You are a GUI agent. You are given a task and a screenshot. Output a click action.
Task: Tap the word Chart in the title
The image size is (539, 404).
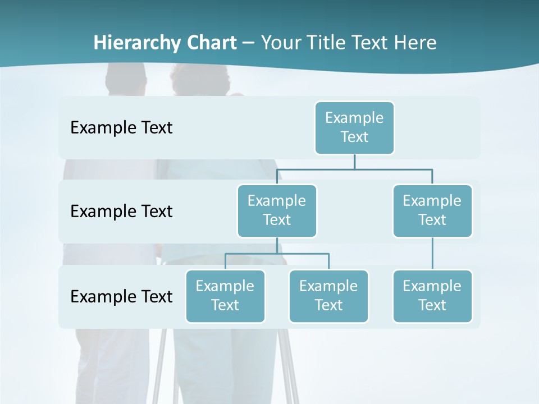point(209,43)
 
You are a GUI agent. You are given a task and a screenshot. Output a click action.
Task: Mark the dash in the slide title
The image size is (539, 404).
point(249,43)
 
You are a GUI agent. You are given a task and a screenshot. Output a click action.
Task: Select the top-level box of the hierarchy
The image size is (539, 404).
point(354,127)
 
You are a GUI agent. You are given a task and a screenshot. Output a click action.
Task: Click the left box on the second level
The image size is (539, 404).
point(277,210)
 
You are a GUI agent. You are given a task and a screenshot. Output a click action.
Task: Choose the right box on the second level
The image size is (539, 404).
point(432,210)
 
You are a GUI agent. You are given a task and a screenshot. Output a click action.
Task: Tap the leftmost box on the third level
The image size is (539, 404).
point(225,296)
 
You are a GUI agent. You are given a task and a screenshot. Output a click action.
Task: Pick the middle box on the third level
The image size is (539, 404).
point(328,296)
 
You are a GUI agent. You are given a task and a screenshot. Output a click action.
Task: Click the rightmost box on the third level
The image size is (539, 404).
point(432,296)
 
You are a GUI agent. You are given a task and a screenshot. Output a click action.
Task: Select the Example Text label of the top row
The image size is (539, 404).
point(121,127)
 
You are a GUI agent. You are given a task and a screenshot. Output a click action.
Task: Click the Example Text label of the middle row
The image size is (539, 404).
point(121,211)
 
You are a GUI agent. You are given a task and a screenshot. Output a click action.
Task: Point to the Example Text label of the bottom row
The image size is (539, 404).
point(121,296)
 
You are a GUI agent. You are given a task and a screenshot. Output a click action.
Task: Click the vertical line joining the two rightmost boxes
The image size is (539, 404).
point(432,254)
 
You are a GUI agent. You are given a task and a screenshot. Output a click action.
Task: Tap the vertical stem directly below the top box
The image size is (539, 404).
point(354,162)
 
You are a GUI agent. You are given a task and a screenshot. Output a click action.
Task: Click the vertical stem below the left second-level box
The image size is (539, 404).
point(277,245)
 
